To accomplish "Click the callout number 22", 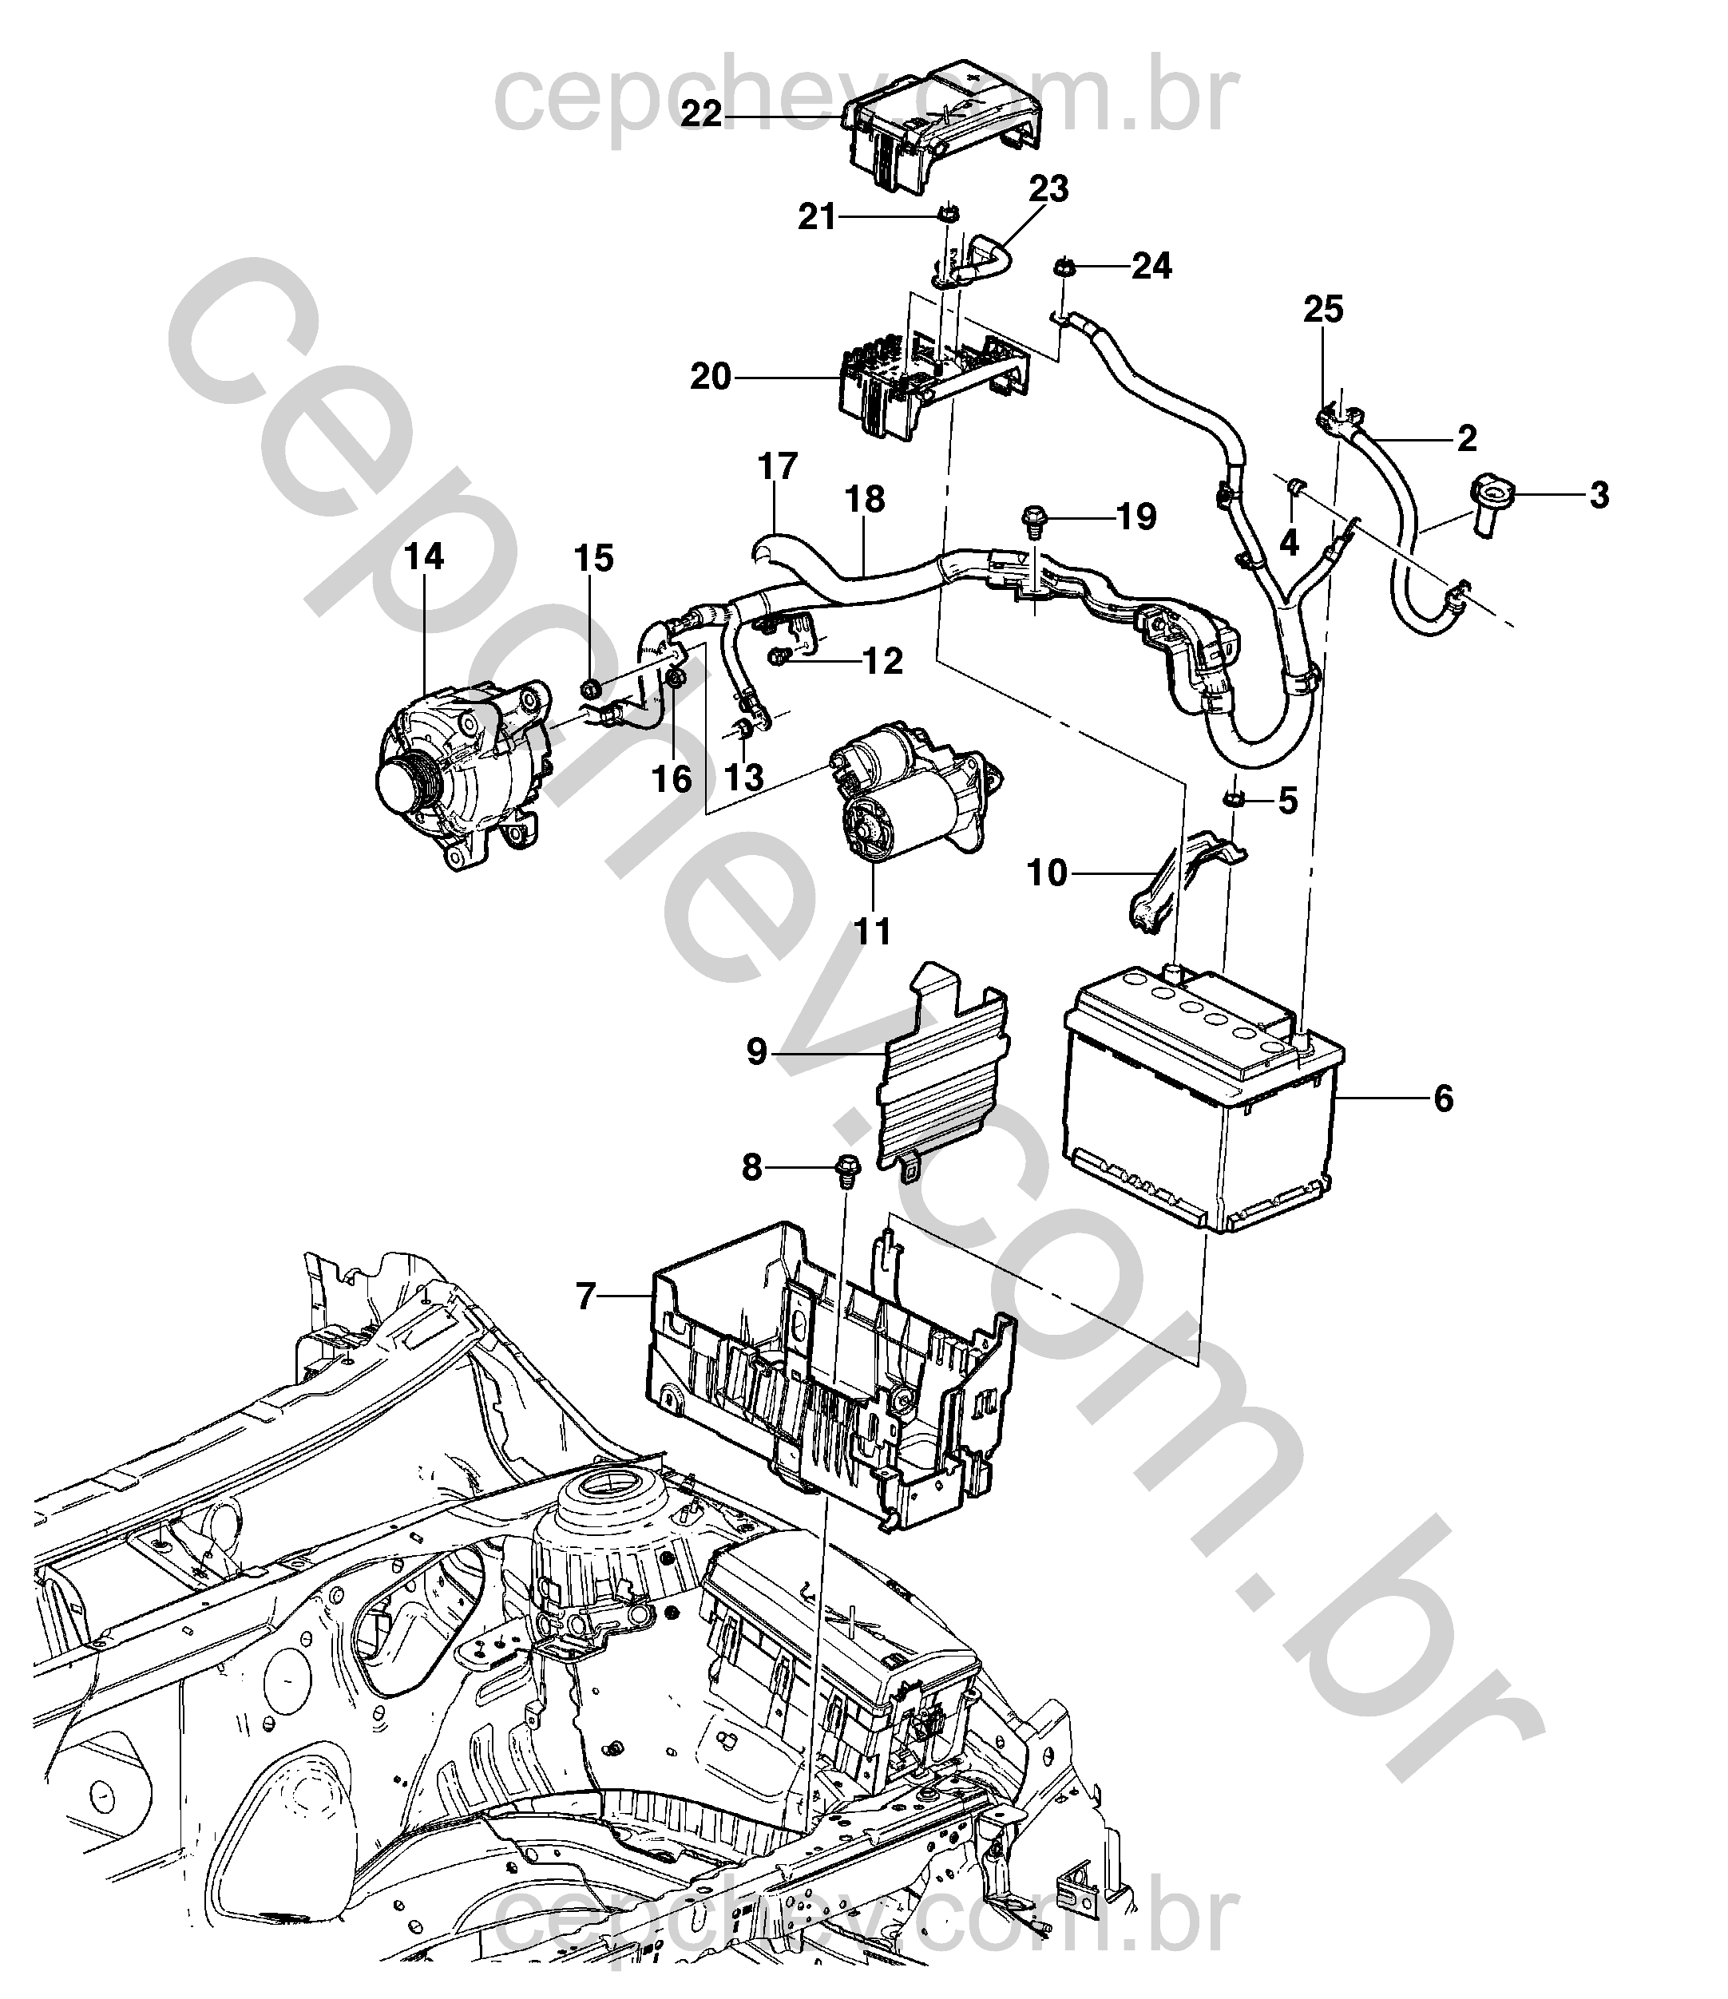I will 701,114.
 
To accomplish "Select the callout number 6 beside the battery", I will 1444,1098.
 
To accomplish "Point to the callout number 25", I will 1324,310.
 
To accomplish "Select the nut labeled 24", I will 1065,267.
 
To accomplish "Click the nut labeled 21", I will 949,215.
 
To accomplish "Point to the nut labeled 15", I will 589,688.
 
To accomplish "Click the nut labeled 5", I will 1233,799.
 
